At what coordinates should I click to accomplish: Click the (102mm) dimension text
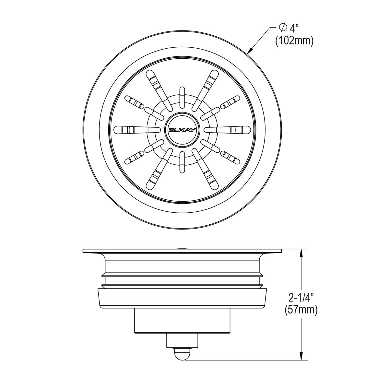pyautogui.click(x=294, y=41)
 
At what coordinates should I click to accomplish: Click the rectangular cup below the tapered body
pyautogui.click(x=182, y=320)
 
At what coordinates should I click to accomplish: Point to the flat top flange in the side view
pyautogui.click(x=182, y=251)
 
